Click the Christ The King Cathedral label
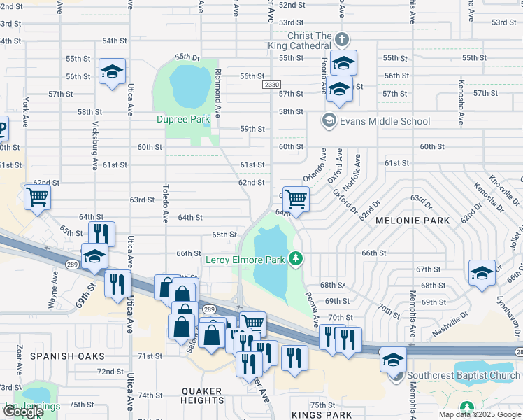[308, 41]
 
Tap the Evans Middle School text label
[384, 121]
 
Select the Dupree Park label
[182, 120]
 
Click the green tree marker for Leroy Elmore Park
[296, 260]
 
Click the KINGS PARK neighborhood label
[318, 415]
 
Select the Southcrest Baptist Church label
[464, 376]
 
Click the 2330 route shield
[272, 85]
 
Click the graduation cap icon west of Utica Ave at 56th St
[112, 71]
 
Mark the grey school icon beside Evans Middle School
[328, 121]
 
